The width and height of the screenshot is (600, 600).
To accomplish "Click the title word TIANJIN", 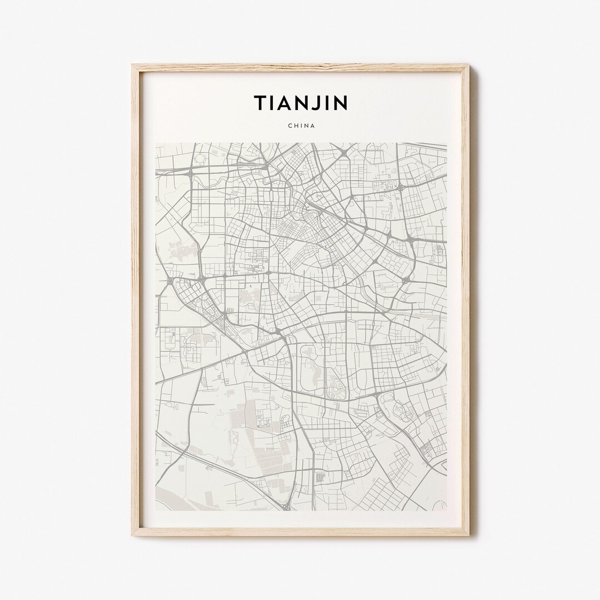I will pyautogui.click(x=301, y=103).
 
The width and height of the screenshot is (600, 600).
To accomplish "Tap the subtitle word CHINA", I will pyautogui.click(x=302, y=126).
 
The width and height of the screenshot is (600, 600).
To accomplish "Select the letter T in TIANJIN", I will pyautogui.click(x=260, y=103).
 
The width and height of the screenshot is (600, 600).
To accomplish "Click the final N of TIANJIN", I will pyautogui.click(x=340, y=103).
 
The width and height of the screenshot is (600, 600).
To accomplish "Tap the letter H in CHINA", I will pyautogui.click(x=296, y=126).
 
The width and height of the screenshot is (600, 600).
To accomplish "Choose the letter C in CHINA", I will pyautogui.click(x=290, y=126).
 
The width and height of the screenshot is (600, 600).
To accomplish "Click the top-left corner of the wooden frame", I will pyautogui.click(x=133, y=66).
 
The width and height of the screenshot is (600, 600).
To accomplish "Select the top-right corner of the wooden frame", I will pyautogui.click(x=468, y=66).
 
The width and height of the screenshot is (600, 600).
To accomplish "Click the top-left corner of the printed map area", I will pyautogui.click(x=156, y=143).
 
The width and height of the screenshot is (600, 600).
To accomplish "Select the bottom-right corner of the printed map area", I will pyautogui.click(x=447, y=511).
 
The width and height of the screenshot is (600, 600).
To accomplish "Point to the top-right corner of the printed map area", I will pyautogui.click(x=447, y=143).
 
